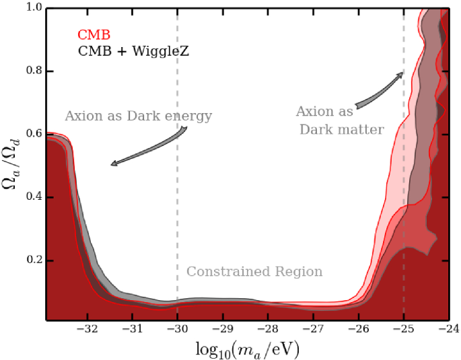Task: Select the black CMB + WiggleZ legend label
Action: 133,50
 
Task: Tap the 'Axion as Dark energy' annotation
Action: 138,116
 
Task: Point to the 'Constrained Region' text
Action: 254,272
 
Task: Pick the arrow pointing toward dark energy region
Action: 144,149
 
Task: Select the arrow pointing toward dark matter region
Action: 380,89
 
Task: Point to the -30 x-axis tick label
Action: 178,330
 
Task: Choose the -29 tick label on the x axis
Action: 223,330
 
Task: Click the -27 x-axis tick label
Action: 313,330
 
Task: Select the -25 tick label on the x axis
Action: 403,330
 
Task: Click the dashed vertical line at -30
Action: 178,202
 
